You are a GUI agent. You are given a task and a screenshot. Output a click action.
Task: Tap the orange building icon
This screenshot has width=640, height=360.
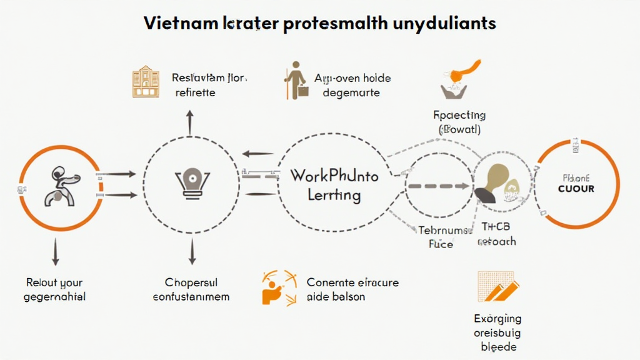[146, 81]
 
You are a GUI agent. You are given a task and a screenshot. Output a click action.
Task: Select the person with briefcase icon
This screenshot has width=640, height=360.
[296, 81]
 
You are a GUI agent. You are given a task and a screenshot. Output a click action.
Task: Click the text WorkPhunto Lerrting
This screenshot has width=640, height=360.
[334, 185]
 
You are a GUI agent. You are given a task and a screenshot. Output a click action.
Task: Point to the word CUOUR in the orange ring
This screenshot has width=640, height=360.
[576, 188]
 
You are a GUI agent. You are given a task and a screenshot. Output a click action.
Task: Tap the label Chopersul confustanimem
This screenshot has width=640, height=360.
[191, 289]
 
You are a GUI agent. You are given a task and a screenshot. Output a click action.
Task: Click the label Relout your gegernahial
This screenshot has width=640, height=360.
[54, 289]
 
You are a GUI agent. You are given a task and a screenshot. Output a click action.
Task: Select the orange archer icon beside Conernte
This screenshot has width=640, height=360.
[276, 287]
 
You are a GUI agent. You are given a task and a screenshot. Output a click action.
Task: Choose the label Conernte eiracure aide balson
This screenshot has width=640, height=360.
[352, 289]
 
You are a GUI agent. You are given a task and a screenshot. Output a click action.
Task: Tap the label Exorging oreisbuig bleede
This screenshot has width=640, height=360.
[497, 332]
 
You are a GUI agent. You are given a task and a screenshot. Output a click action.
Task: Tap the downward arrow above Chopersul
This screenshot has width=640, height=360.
[192, 251]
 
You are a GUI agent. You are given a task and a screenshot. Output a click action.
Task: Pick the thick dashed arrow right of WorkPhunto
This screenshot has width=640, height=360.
[438, 186]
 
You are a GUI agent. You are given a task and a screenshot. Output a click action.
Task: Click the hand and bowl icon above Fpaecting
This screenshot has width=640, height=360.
[459, 80]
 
